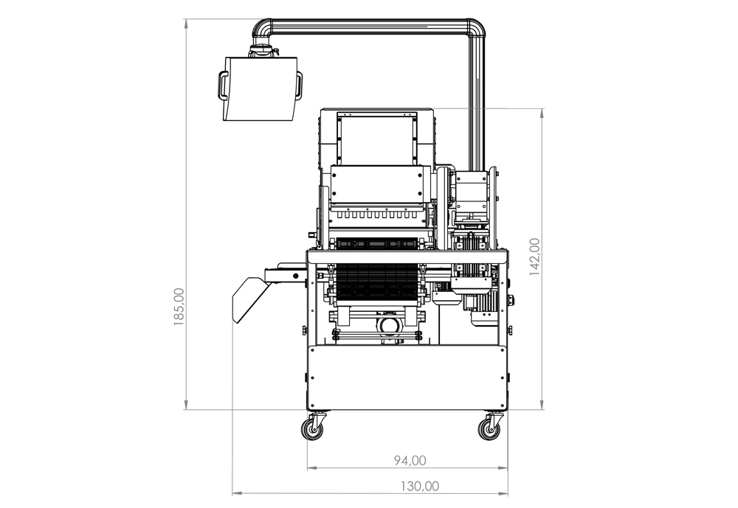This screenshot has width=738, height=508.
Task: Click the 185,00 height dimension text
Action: [179, 307]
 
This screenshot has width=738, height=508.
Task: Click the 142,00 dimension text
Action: [534, 257]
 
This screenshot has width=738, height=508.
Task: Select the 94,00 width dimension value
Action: [410, 461]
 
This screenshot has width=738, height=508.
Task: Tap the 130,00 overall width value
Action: [420, 486]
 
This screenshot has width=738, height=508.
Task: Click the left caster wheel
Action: [313, 428]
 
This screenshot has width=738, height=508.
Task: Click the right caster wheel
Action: [491, 428]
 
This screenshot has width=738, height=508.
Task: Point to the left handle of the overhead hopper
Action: [224, 85]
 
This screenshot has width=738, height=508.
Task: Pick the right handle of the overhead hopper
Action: [298, 85]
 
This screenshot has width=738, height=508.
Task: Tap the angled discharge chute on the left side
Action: [249, 300]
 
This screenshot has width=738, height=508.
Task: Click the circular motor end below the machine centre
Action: [389, 324]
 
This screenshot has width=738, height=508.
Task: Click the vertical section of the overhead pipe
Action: [476, 103]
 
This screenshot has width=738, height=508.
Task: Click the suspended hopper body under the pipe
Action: [260, 88]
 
